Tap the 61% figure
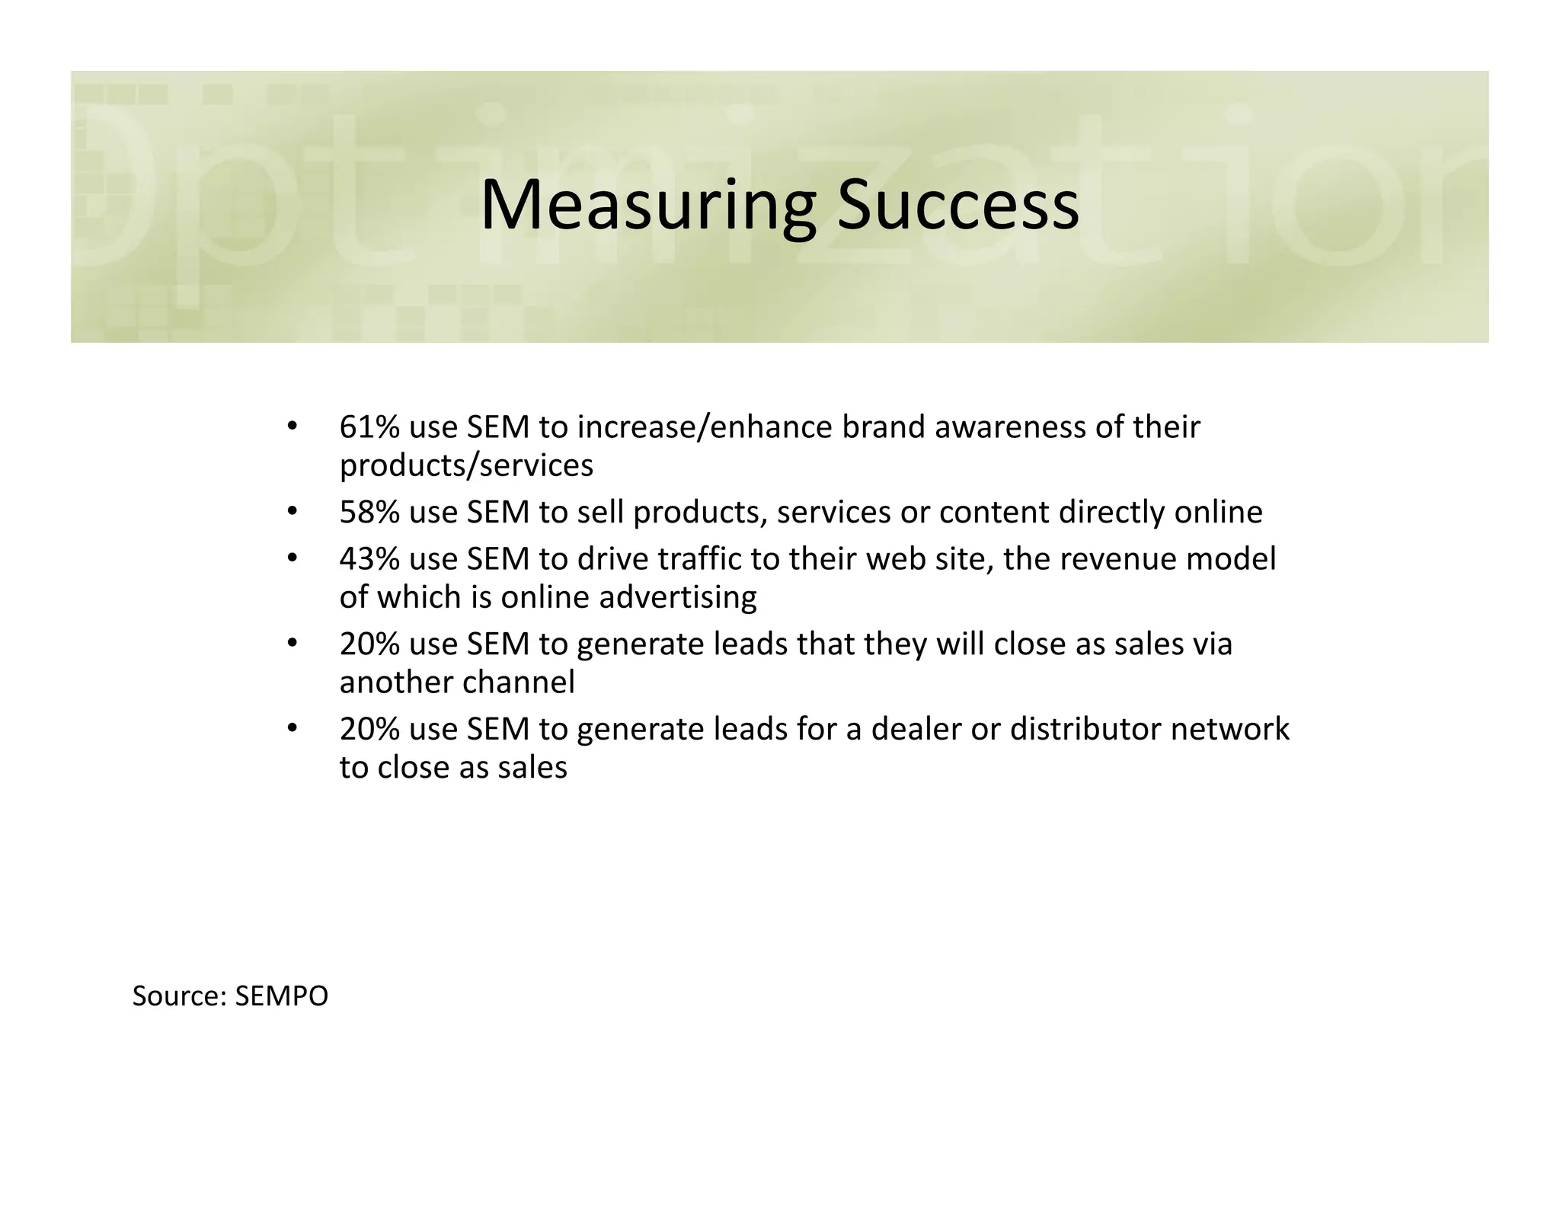pyautogui.click(x=369, y=427)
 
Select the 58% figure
pyautogui.click(x=369, y=512)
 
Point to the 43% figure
pyautogui.click(x=369, y=559)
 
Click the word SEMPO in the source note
pyautogui.click(x=281, y=996)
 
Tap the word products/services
pyautogui.click(x=466, y=465)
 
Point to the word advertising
pyautogui.click(x=678, y=597)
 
